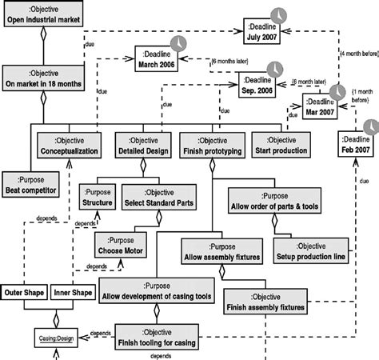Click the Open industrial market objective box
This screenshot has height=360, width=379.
point(46,15)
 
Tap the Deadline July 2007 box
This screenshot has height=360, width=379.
point(262,29)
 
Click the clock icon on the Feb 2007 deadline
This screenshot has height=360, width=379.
point(372,127)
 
